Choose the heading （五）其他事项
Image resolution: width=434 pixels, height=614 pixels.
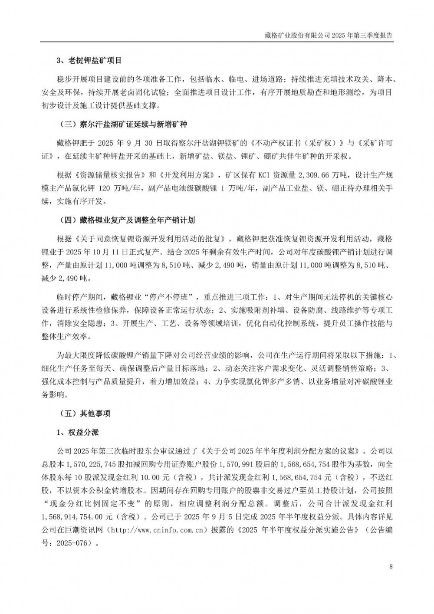tap(84, 413)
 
